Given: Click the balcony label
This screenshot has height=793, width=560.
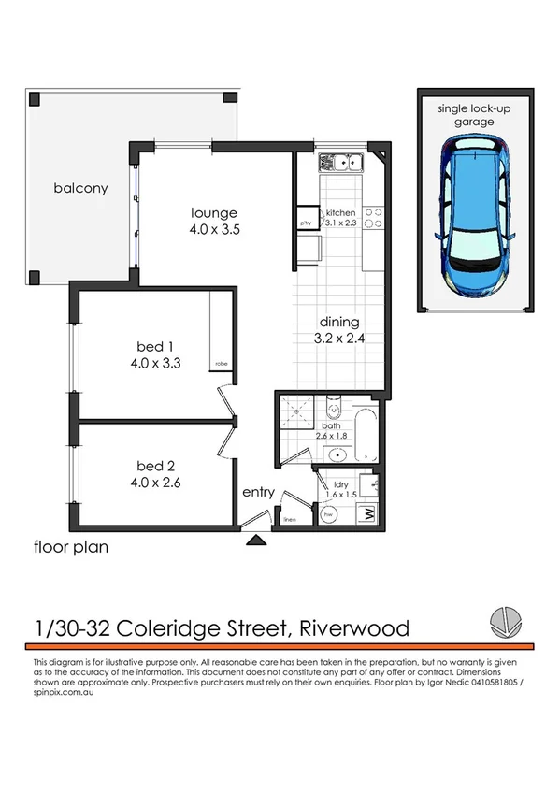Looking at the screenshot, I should point(80,188).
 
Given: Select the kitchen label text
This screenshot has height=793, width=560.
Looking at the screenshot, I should point(341,213).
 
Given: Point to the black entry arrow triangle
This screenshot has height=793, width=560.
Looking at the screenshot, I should point(256,539).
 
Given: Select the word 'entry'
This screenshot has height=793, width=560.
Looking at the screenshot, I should point(258,493).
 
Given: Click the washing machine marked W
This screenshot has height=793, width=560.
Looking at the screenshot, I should point(368,513).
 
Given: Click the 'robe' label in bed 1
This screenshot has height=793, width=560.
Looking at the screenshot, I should point(221,363).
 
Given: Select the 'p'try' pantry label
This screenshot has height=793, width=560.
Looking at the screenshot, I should point(306,223).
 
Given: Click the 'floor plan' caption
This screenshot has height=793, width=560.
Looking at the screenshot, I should point(71,548).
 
